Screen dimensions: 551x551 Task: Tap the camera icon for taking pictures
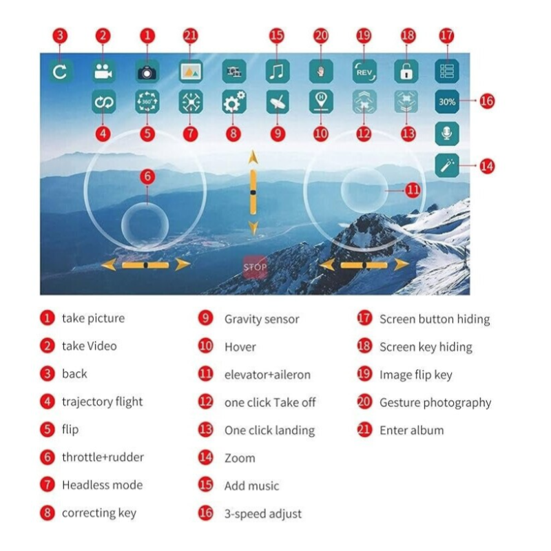coord(147,72)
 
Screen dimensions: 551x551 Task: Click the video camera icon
coord(103,72)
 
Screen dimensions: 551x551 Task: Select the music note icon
coord(278,72)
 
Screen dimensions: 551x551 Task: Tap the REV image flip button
coord(364,72)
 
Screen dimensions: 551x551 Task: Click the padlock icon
coord(406,72)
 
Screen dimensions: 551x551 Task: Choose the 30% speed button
coord(447,102)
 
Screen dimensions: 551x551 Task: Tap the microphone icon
coord(447,134)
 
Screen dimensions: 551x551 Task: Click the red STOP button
coord(255,267)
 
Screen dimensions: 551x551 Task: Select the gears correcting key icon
coord(234,102)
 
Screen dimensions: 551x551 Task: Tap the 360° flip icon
coord(147,102)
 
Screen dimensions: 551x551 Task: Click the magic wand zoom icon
coord(447,165)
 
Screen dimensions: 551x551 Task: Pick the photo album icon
coord(191,72)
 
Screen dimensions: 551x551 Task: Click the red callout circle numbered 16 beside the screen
coord(487,101)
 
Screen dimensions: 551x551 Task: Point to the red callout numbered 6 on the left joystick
coord(147,176)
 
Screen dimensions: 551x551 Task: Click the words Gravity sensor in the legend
coord(262,319)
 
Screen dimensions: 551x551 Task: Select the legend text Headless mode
coord(102,485)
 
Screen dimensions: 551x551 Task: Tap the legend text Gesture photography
coord(435,403)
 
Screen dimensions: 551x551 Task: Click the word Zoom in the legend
coord(240,458)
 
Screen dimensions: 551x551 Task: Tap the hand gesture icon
coord(321,72)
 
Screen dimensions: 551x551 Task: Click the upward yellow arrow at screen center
coord(253,158)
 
